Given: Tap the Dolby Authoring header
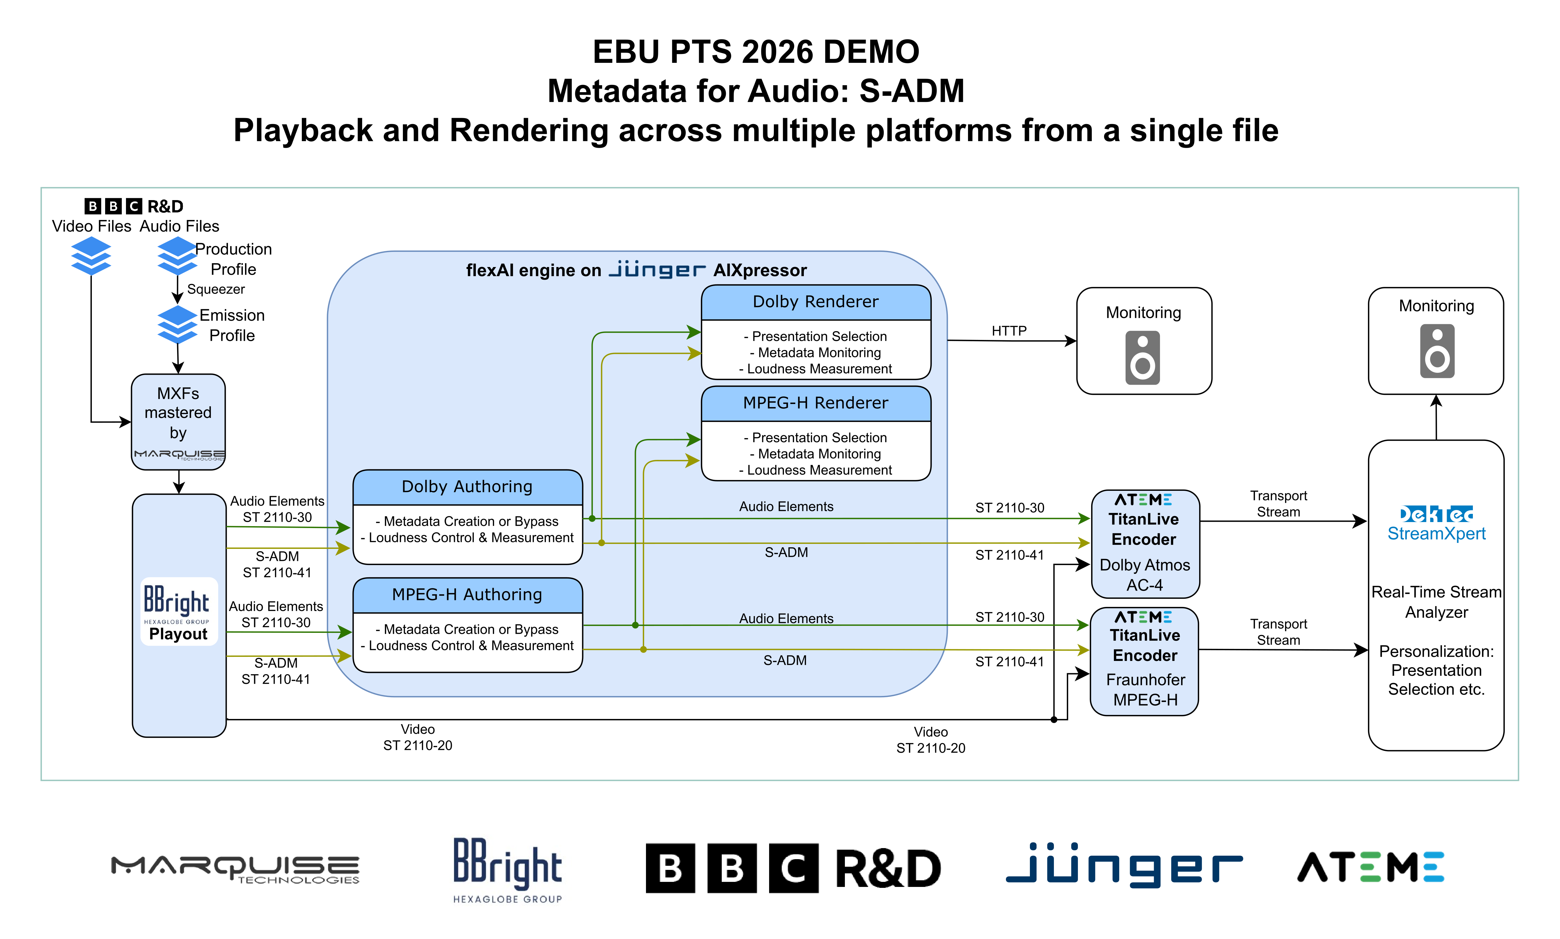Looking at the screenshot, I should [x=467, y=487].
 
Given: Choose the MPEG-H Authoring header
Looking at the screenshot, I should [x=467, y=595].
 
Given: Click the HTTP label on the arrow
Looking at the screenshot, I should [x=1009, y=331].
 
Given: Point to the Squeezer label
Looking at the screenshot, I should [x=216, y=289].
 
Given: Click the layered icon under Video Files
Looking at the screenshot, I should [x=91, y=256].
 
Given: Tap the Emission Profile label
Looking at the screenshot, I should [x=232, y=325].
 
